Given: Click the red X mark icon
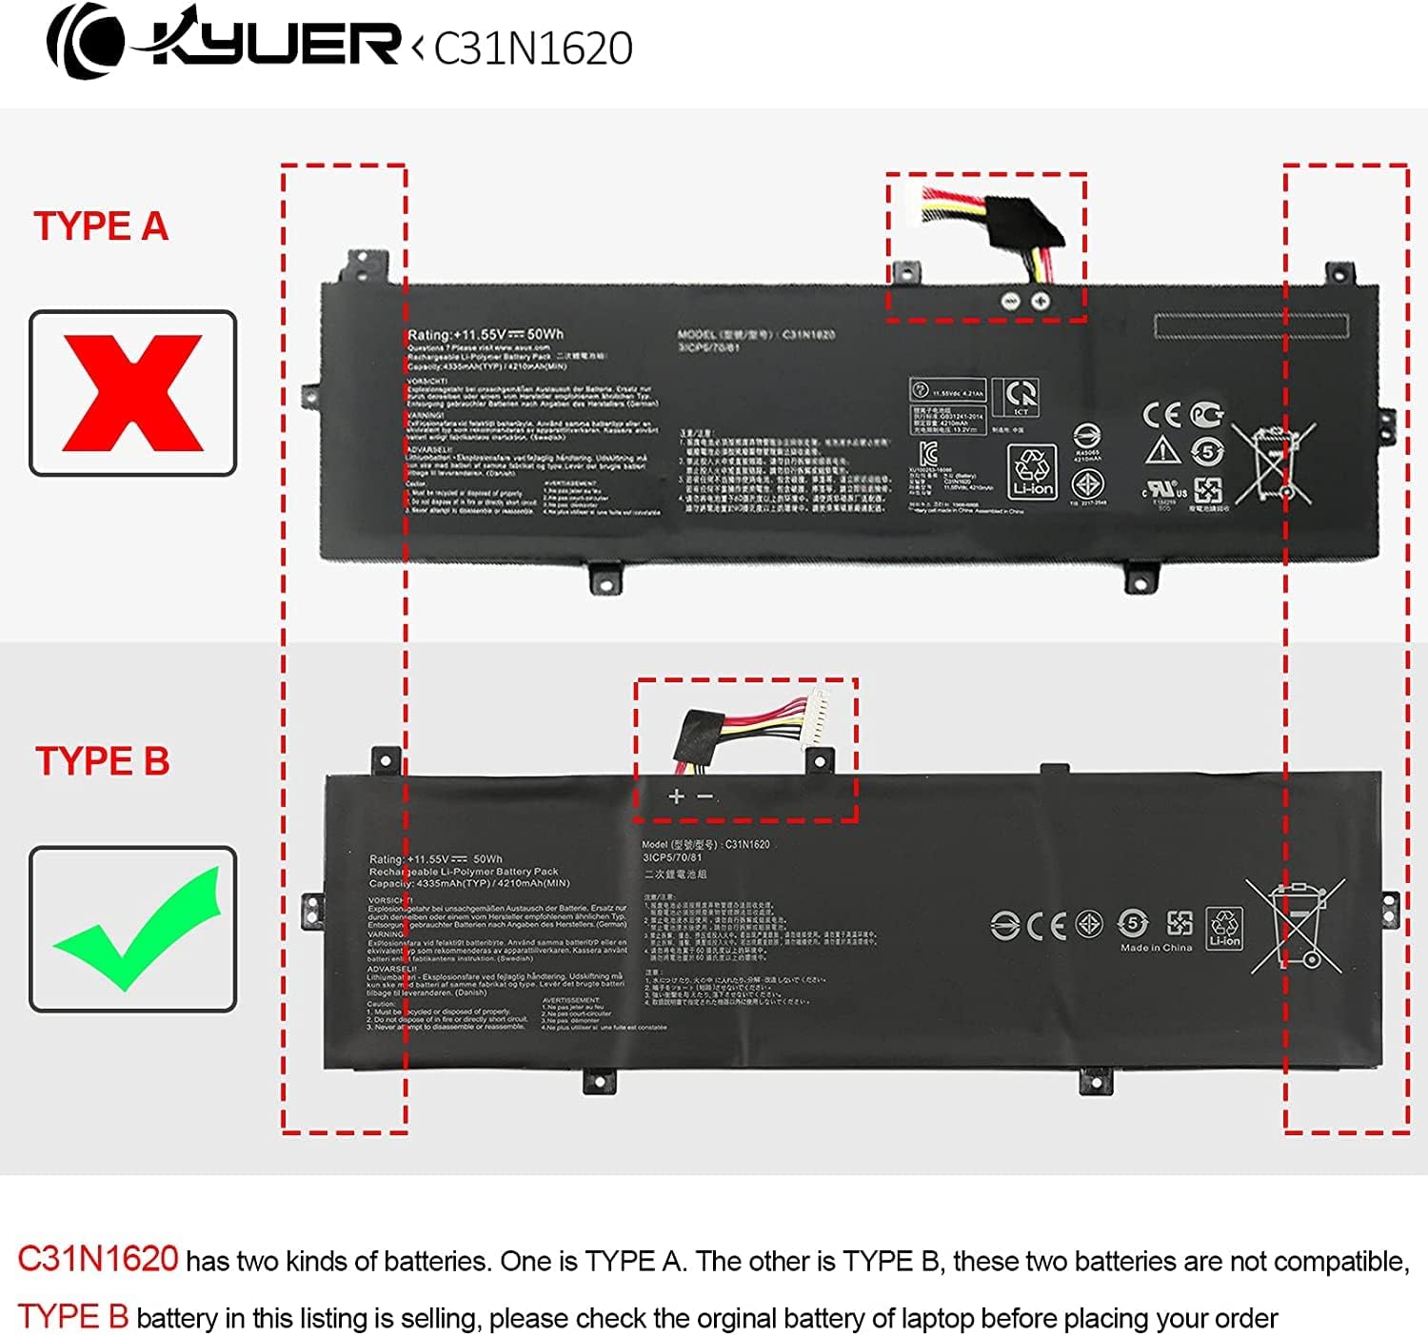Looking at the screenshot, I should pos(132,392).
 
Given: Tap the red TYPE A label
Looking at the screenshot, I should pos(101,226).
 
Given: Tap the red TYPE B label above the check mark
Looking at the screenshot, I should pos(102,761).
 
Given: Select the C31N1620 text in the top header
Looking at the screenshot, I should pos(533,49).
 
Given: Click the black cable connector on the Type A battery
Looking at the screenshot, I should pos(1022,223).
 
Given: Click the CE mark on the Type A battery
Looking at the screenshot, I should pos(1161,415).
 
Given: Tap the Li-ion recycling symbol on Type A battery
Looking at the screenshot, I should pos(1033,471).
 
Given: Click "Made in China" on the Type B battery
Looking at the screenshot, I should pos(1156,948).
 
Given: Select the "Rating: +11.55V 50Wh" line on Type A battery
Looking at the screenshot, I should pos(486,334).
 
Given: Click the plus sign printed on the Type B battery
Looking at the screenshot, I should pos(676,796).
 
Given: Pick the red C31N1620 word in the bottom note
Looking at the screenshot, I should pos(98,1259).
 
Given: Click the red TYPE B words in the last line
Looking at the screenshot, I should pos(73,1317).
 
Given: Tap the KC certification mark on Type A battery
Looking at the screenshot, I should pos(928,453).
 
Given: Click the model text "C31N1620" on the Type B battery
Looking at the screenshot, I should pos(747,844).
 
